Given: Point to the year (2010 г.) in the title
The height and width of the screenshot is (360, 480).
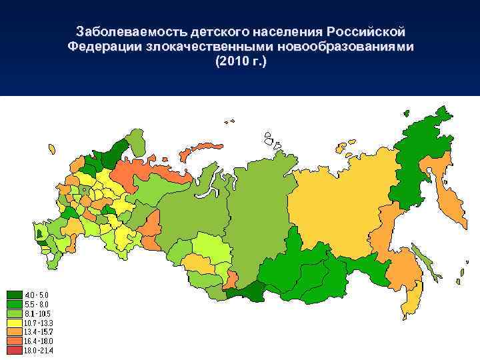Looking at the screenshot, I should tap(240, 62).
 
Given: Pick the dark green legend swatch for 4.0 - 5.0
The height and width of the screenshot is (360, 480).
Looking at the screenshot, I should tap(14, 294).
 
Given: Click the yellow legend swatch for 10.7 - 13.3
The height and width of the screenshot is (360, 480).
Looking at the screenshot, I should tap(14, 322).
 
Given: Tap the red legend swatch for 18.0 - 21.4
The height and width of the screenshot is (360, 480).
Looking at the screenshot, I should tap(14, 350).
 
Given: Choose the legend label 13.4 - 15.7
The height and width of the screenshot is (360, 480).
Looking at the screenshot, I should tap(38, 331).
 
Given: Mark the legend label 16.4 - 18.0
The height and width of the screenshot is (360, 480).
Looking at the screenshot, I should tap(38, 341).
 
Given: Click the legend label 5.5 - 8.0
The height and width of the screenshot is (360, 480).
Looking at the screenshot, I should tap(37, 303).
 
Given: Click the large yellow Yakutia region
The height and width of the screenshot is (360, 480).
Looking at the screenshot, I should tap(340, 200).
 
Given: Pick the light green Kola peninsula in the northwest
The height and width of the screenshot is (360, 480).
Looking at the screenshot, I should tap(137, 141).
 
